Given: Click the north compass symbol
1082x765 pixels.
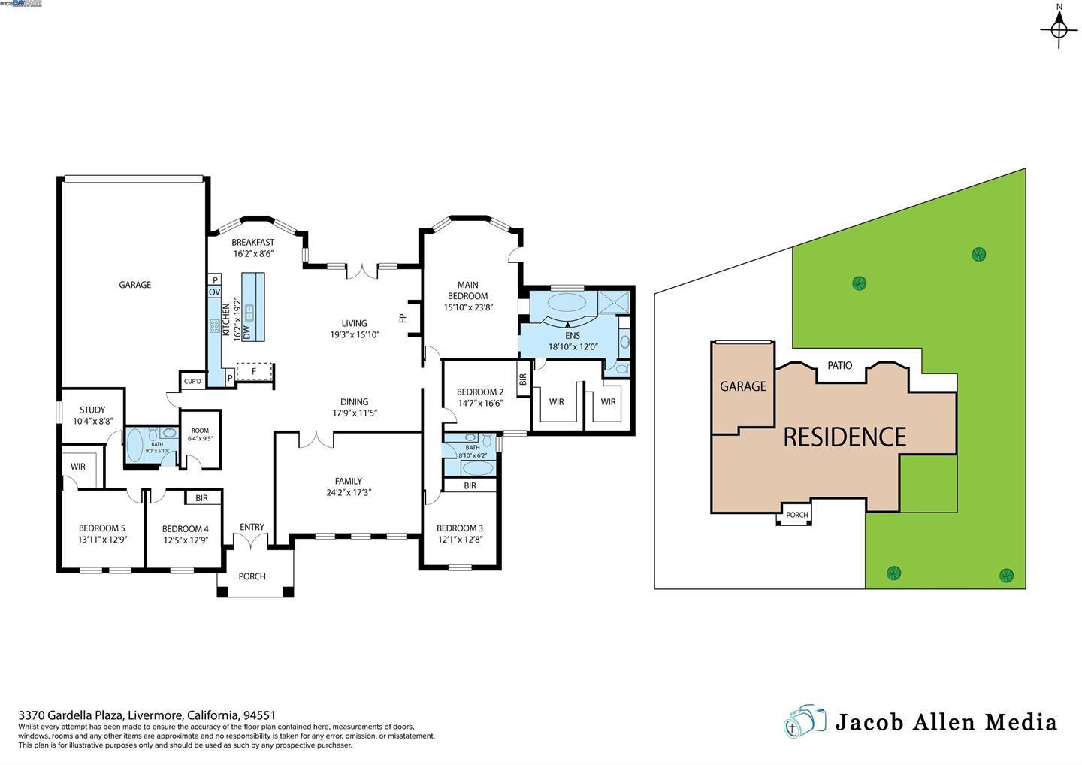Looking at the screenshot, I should (1059, 29).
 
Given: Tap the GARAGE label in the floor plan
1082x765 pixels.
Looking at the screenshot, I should (134, 285).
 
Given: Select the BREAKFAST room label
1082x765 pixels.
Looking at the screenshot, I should (252, 243).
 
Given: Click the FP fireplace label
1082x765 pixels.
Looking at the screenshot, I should (402, 318).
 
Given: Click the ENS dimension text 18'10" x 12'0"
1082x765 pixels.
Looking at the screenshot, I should (573, 347).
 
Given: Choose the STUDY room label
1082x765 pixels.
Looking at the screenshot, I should (92, 410).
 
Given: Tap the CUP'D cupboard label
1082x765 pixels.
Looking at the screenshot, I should (193, 382).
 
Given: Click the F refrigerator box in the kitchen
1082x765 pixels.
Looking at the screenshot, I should (254, 371).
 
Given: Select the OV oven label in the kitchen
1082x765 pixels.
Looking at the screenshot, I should (214, 292).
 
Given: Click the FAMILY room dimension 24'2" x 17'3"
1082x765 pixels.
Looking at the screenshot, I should (349, 493).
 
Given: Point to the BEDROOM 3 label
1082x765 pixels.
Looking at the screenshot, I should (459, 528).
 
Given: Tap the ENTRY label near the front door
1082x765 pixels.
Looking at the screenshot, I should (252, 527).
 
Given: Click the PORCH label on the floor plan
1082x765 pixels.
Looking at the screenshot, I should (252, 576).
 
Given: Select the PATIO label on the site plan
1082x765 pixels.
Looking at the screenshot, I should (839, 365).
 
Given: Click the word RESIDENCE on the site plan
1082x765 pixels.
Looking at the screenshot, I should (845, 437).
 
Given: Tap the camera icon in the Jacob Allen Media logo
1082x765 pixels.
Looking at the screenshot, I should (804, 722).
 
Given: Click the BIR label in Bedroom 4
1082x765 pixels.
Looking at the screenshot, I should (201, 498).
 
